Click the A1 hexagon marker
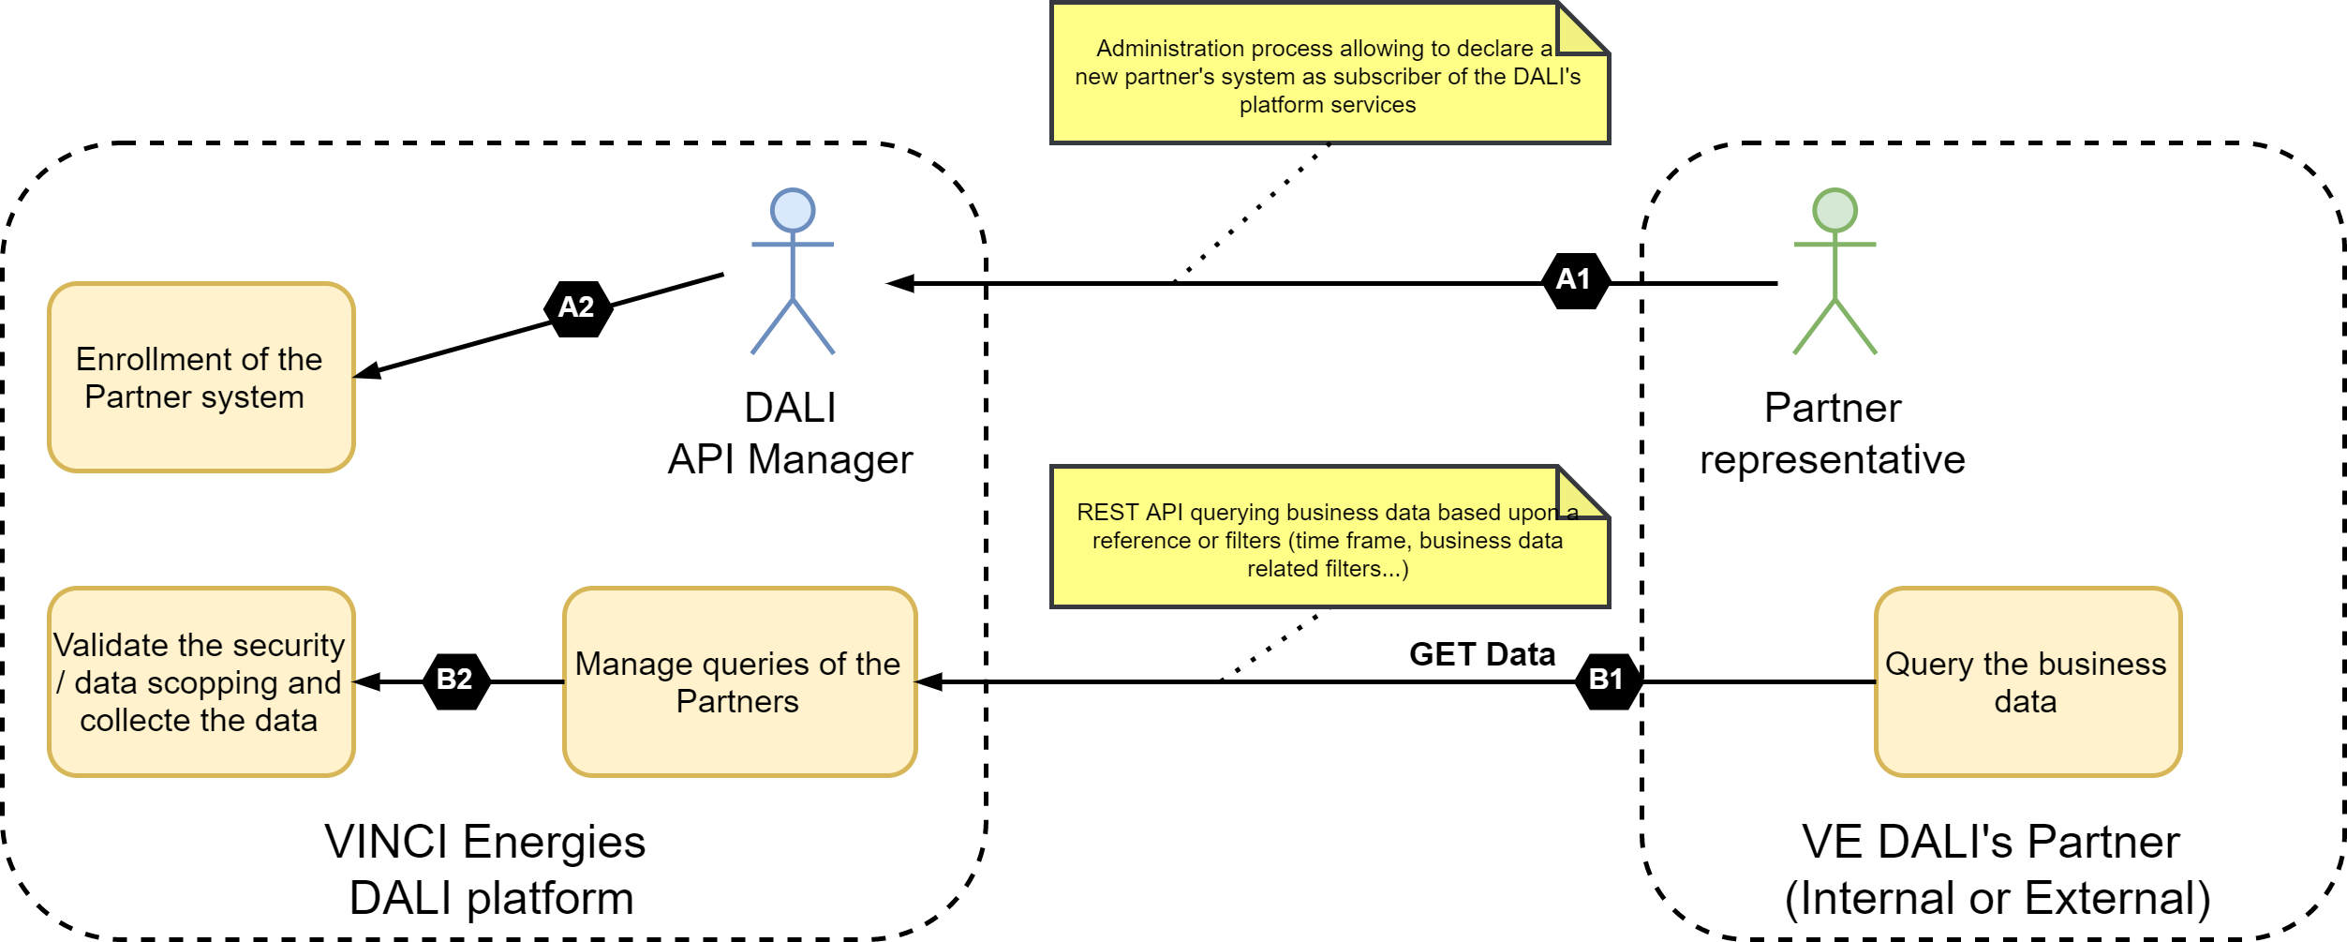(x=1576, y=280)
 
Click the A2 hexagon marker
(x=578, y=307)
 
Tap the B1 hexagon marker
(x=1608, y=680)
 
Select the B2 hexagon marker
(x=455, y=680)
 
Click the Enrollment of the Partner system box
(x=201, y=378)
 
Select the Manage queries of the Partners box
(x=738, y=682)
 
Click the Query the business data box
(x=2028, y=682)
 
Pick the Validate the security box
(x=201, y=682)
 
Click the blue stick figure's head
(x=793, y=211)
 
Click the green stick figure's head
(x=1835, y=211)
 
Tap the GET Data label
(x=1481, y=654)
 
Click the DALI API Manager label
(x=790, y=434)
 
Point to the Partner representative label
(x=1833, y=434)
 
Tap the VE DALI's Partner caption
(x=1996, y=870)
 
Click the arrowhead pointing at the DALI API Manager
(x=900, y=283)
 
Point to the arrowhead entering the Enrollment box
(x=368, y=372)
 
